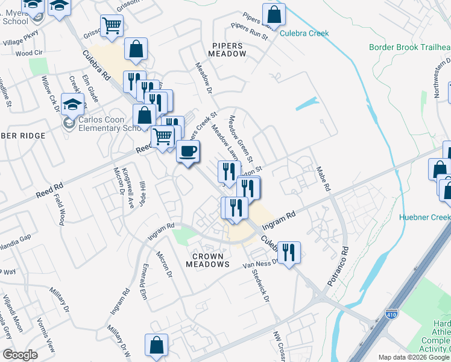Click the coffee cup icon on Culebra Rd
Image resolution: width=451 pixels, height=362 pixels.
point(188,151)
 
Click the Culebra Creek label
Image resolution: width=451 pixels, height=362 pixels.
point(304,33)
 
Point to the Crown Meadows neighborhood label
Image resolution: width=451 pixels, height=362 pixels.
point(208,260)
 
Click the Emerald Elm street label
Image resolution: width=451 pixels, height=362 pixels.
point(143,283)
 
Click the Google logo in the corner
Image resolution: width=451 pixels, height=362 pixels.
point(20,354)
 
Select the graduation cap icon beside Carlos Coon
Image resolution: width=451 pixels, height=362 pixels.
point(72,106)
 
